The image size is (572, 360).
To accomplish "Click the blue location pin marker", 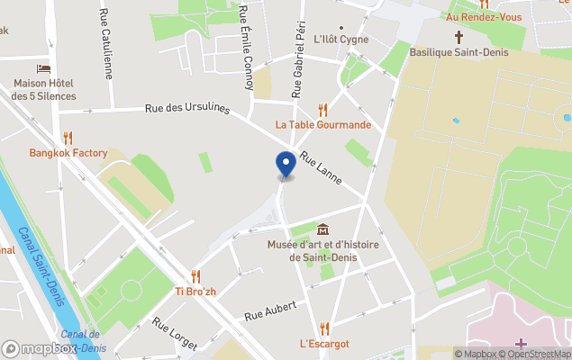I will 286,165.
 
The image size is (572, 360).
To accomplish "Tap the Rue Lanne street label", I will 322,167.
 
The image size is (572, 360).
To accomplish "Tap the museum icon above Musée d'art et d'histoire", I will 322,229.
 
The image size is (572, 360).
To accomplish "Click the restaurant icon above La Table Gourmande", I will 322,110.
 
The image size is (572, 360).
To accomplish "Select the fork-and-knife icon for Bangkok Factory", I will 68,139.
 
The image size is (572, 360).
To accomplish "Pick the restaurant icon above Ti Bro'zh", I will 195,276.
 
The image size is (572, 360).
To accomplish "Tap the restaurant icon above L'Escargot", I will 324,328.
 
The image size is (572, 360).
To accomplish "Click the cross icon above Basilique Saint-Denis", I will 459,37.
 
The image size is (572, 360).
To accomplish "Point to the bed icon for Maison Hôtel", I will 43,69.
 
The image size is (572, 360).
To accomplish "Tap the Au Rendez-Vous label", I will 485,16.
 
